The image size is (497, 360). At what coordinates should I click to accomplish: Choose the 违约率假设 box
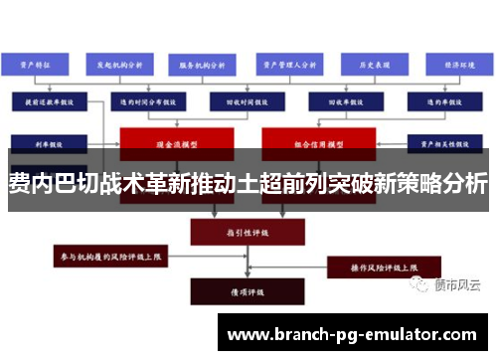coord(444,100)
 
